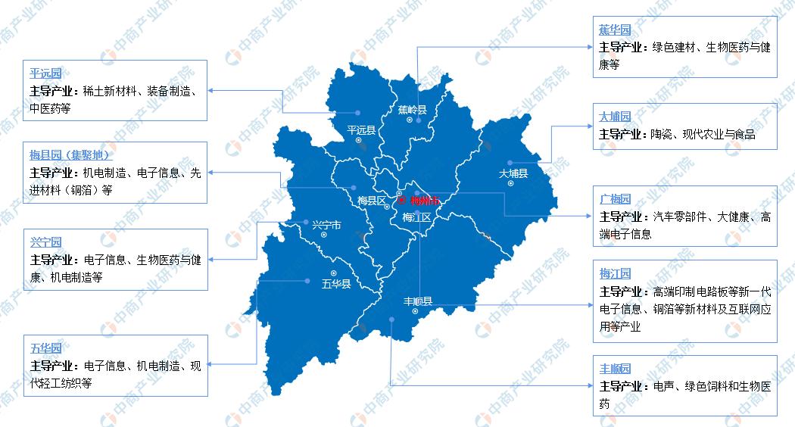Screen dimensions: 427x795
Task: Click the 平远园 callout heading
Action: [x=45, y=74]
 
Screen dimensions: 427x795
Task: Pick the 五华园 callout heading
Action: [x=45, y=348]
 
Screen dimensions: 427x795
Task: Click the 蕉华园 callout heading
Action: [x=615, y=31]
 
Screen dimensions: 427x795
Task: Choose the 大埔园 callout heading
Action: [x=615, y=117]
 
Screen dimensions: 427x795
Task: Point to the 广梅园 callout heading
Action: [x=615, y=200]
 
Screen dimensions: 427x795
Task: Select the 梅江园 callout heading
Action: [x=615, y=274]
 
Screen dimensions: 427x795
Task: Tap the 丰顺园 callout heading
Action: [x=615, y=369]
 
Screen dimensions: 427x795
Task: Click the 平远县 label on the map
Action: [x=361, y=130]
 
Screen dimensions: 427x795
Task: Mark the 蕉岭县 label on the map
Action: [x=413, y=110]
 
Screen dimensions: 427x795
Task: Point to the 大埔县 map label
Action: [x=513, y=173]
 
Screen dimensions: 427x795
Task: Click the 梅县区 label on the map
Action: [x=372, y=201]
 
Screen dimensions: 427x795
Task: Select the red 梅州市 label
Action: [x=424, y=201]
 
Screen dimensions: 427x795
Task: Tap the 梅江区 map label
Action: [x=417, y=217]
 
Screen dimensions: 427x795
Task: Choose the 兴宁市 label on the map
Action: [x=326, y=225]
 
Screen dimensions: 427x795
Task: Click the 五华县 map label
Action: [x=335, y=285]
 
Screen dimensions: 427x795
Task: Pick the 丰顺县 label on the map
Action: [x=417, y=301]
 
